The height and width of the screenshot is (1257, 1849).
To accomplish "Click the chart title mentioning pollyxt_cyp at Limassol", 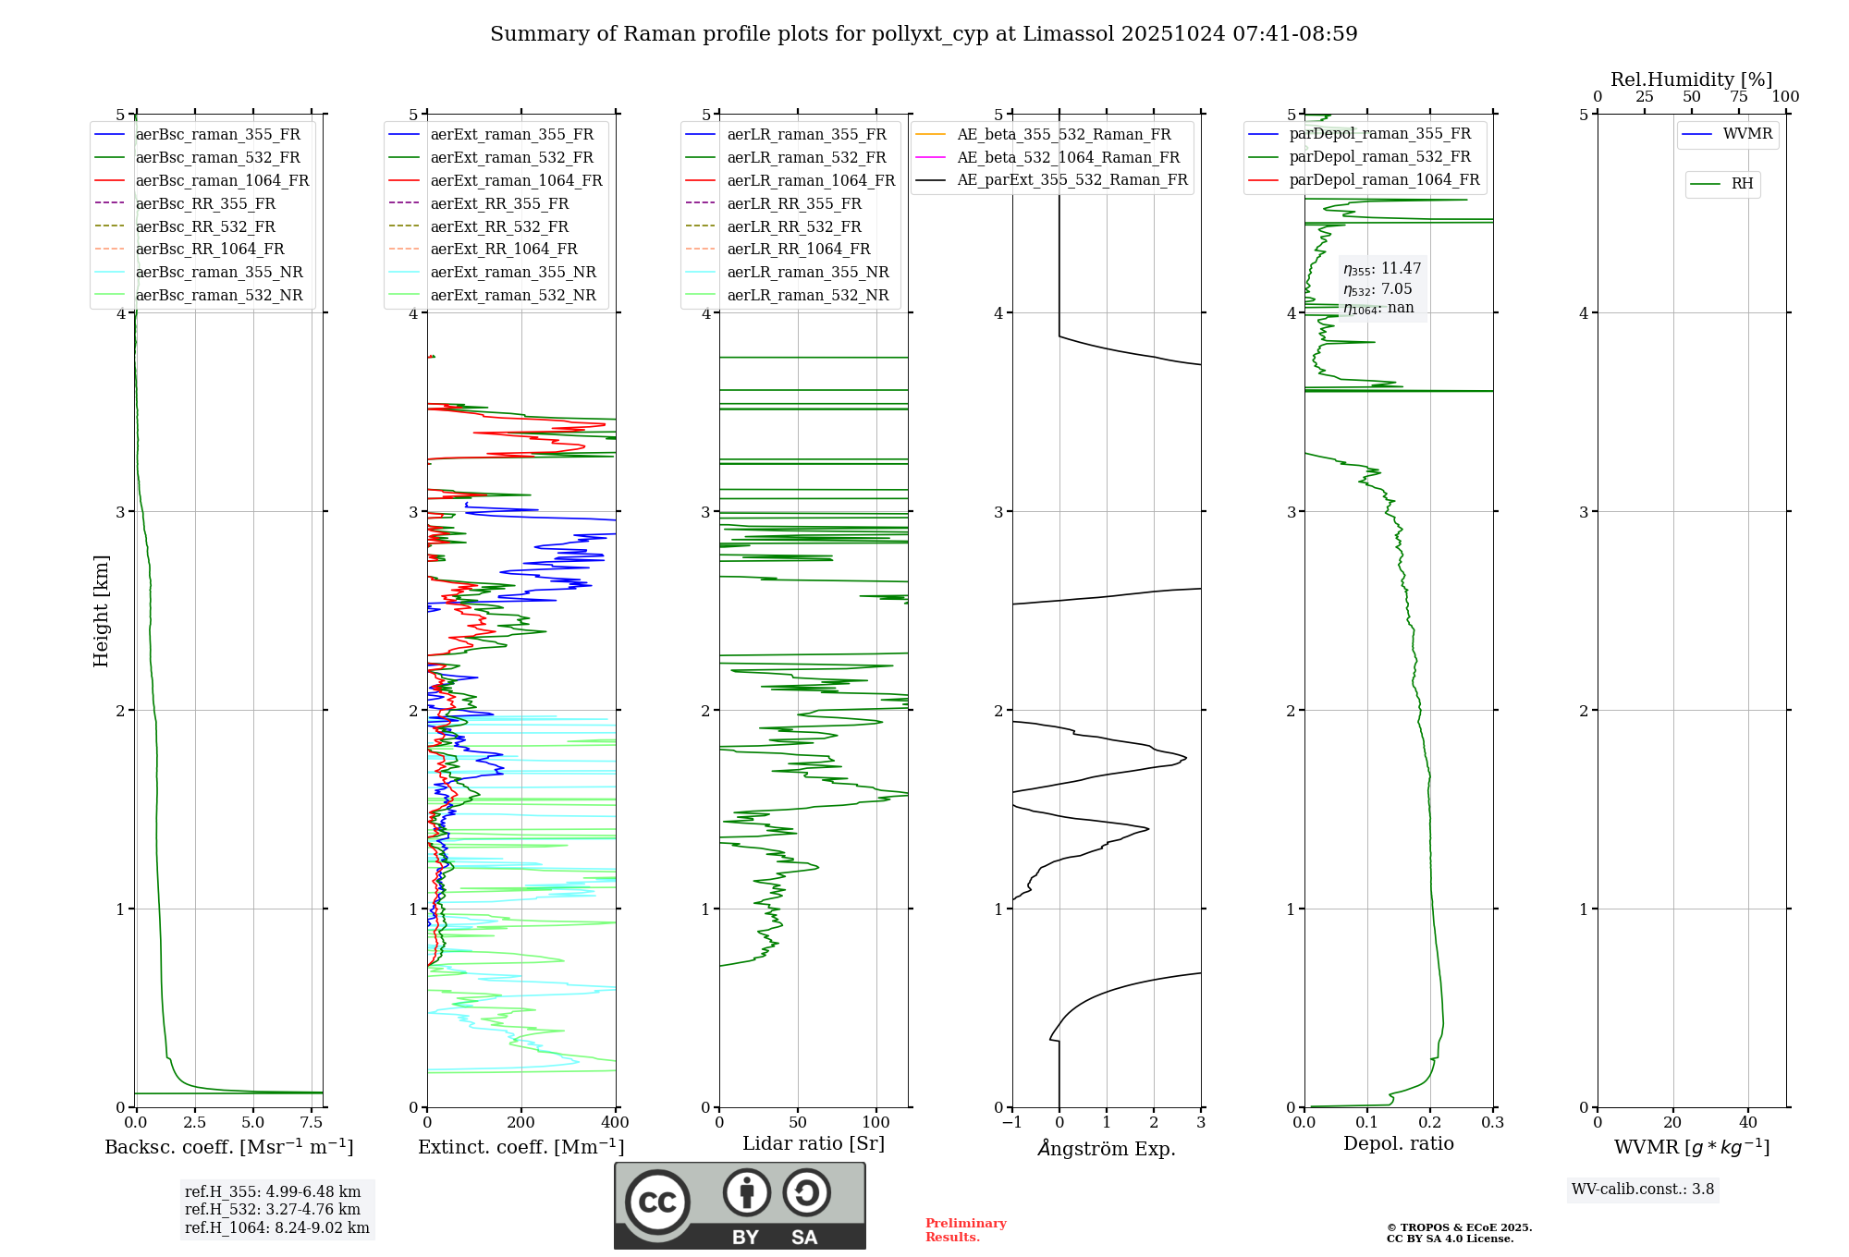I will pos(924,34).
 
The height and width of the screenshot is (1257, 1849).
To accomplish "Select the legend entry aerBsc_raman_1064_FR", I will pos(222,180).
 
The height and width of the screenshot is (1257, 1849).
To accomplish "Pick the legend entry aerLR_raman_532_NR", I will pos(807,296).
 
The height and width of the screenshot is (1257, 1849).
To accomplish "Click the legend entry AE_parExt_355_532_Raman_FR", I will pos(1071,180).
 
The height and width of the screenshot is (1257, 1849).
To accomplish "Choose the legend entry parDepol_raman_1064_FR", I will pos(1384,179).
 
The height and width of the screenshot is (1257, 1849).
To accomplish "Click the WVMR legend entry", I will pos(1746,134).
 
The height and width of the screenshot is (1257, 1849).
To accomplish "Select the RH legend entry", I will pos(1742,184).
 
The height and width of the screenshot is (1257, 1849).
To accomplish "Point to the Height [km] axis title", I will pos(101,611).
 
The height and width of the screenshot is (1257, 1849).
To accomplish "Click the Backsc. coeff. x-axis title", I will pos(228,1147).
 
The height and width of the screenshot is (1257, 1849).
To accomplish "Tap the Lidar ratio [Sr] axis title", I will pos(813,1143).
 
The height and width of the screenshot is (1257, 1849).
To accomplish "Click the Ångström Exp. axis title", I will pos(1107,1148).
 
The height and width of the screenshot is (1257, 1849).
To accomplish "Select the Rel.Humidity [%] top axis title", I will pos(1691,79).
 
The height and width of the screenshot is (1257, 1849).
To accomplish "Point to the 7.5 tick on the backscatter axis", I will pos(312,1123).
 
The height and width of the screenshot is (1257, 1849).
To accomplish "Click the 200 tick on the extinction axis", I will pos(521,1123).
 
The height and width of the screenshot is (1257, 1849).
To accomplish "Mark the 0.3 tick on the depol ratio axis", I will pos(1492,1123).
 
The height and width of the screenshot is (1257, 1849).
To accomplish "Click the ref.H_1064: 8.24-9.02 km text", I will pos(276,1228).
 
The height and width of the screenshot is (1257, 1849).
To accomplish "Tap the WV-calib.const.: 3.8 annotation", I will pos(1642,1190).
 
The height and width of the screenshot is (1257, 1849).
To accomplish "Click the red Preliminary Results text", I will pos(965,1230).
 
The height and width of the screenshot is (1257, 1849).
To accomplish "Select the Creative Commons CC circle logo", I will pos(657,1202).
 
